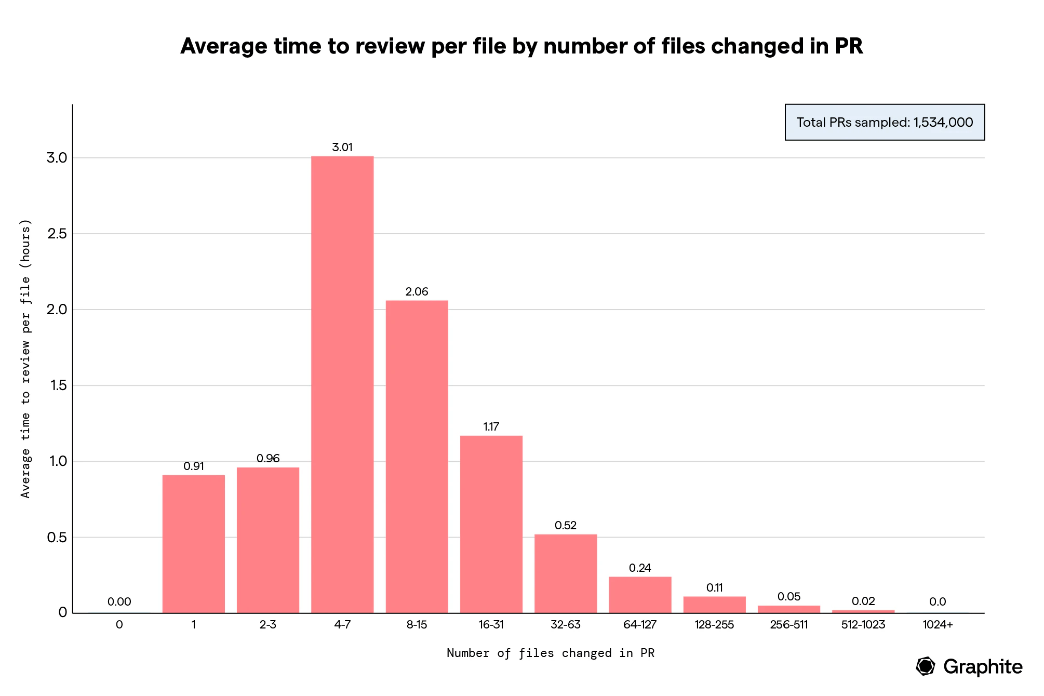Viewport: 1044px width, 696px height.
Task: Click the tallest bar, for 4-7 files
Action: (x=342, y=384)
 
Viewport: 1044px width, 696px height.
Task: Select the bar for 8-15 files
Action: (x=417, y=457)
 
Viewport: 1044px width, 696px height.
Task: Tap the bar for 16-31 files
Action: (x=491, y=524)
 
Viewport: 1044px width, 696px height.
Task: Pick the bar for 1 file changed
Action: (x=193, y=544)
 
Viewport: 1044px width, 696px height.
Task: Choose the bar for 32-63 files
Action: (x=566, y=573)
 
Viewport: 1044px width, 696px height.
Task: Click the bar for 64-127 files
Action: (x=640, y=595)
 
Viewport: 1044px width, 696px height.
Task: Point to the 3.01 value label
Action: (x=342, y=148)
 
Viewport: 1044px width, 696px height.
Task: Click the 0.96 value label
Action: (x=268, y=459)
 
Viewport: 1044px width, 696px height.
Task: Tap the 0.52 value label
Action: (x=566, y=526)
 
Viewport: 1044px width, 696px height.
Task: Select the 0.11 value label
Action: (x=714, y=588)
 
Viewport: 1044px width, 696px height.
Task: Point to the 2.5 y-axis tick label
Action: (x=57, y=234)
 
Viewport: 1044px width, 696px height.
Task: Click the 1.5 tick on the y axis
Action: (x=57, y=385)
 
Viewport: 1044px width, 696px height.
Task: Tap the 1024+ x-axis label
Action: (x=938, y=625)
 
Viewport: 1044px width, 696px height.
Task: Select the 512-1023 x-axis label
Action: (x=863, y=625)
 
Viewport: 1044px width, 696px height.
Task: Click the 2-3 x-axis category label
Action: (x=268, y=625)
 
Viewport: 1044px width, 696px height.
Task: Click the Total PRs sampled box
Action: (x=885, y=123)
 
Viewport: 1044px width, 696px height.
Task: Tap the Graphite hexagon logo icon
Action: (x=925, y=666)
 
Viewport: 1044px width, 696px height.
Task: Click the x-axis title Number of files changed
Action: (x=550, y=653)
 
